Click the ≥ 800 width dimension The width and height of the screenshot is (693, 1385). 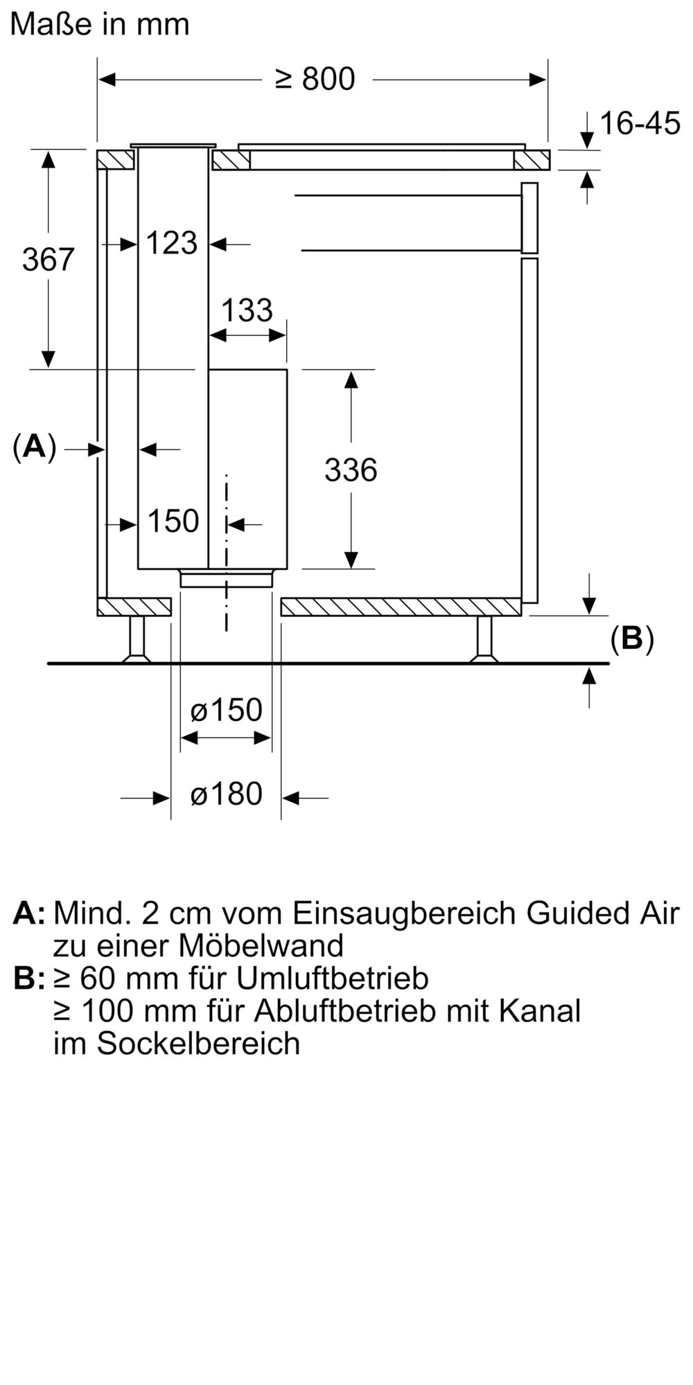coord(315,79)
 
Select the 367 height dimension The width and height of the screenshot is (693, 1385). coord(48,259)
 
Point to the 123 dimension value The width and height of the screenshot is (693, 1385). coord(172,243)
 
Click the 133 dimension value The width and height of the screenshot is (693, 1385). coord(247,310)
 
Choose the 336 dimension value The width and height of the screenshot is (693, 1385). coord(351,470)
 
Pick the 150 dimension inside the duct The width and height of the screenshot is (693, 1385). coord(173,521)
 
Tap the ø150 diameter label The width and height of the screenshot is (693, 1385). coord(226,711)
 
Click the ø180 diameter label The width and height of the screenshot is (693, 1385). coord(226,794)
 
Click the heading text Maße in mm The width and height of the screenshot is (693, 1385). coord(100,24)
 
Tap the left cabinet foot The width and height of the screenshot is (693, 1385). coord(137,639)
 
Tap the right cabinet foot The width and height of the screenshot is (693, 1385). coord(484,639)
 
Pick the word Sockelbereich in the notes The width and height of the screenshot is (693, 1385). coord(198,1043)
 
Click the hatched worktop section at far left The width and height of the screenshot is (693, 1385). coord(115,160)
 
